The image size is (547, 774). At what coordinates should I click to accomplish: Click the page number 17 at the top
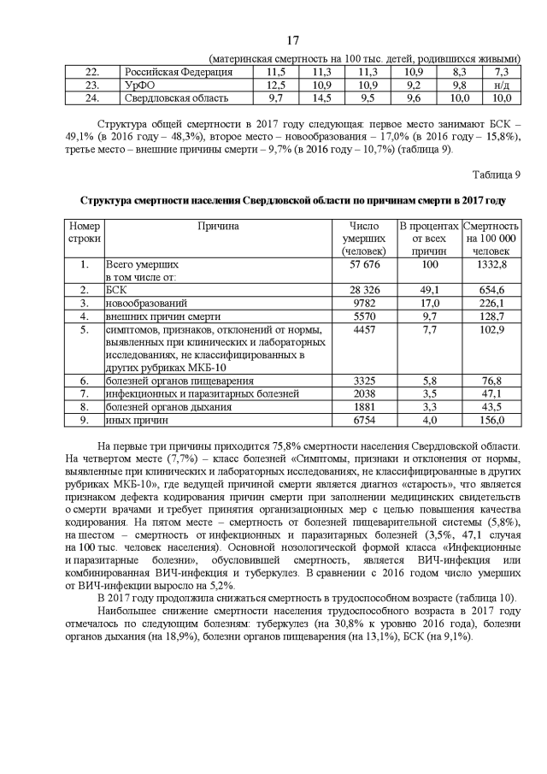click(x=293, y=40)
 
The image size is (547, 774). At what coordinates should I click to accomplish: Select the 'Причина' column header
click(x=218, y=227)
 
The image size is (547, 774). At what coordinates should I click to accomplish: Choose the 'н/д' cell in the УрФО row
click(x=501, y=86)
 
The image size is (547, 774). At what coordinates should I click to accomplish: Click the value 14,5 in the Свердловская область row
click(x=321, y=98)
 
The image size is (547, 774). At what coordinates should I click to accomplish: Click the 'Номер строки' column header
click(x=84, y=233)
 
